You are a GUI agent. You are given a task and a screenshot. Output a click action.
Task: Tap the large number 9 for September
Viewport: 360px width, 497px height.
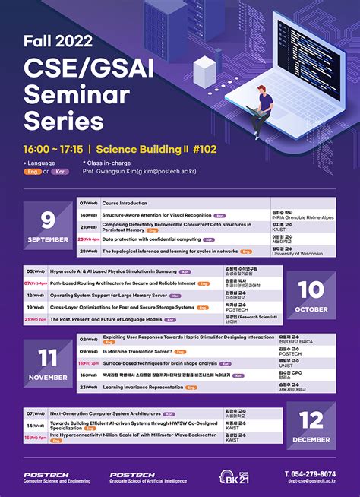(49, 220)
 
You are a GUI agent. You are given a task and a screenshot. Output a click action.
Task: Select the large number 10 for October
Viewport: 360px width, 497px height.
(311, 289)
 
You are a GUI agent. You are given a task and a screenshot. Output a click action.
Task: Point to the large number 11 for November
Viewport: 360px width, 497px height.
(49, 357)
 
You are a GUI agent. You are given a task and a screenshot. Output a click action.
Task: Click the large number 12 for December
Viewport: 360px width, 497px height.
(311, 420)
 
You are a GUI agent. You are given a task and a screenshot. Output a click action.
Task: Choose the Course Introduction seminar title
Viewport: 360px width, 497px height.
(125, 204)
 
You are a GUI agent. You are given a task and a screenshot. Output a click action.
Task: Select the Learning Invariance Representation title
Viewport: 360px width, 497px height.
(144, 387)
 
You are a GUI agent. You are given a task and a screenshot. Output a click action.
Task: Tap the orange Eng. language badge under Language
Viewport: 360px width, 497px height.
(33, 172)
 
